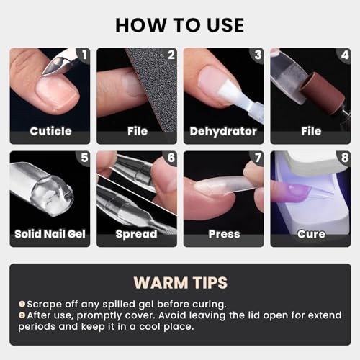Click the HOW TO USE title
[180, 25]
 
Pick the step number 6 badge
[170, 158]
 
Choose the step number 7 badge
[257, 158]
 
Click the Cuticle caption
[50, 132]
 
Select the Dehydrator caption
[224, 132]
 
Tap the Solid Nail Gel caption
[50, 234]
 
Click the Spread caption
[137, 234]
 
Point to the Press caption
[224, 234]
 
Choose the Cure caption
[311, 234]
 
